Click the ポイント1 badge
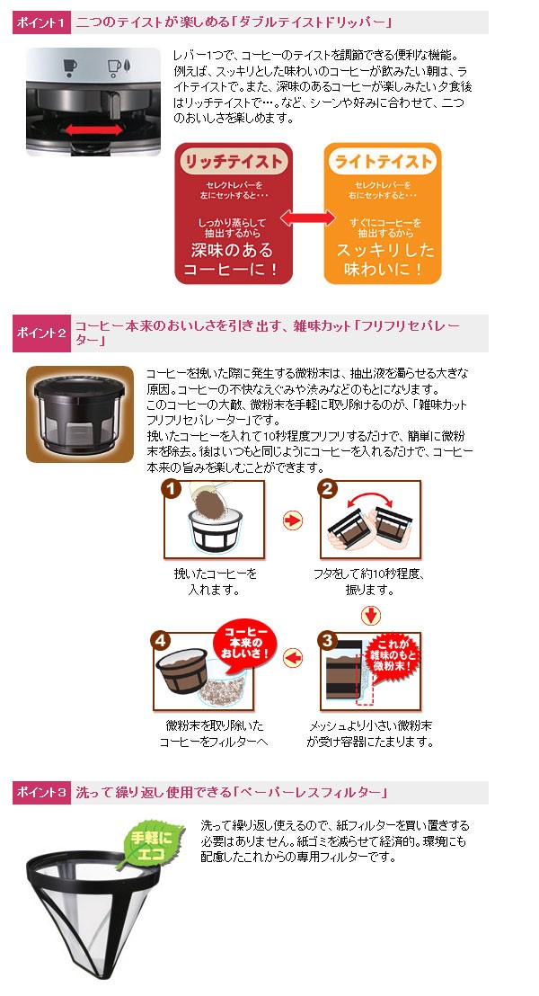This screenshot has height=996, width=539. point(40,22)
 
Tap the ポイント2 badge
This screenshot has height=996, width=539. point(40,333)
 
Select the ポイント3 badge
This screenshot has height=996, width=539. point(40,792)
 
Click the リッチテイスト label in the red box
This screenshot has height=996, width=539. point(234,161)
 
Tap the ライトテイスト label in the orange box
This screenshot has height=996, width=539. point(383,161)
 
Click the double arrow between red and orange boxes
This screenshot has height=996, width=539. point(308,218)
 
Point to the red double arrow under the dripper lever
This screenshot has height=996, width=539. point(94,129)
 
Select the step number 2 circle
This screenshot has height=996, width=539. point(327,489)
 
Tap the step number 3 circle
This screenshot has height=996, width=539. point(327,640)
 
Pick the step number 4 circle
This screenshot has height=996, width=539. point(161,640)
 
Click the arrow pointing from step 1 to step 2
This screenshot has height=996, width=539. point(293,520)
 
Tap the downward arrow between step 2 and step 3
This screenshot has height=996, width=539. point(371,615)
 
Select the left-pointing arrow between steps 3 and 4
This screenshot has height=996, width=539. point(293,658)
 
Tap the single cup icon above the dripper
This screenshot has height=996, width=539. point(70,67)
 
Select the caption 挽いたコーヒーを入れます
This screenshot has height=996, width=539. point(216,582)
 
